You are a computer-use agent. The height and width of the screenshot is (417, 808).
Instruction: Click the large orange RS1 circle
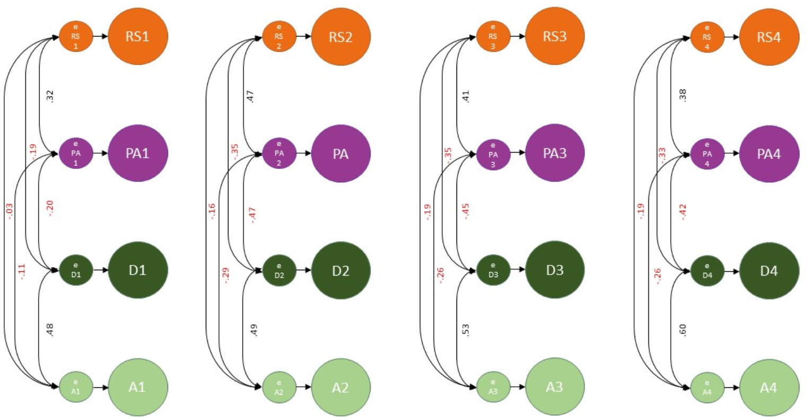[x=138, y=37]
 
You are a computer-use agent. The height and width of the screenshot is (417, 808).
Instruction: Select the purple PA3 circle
[x=555, y=153]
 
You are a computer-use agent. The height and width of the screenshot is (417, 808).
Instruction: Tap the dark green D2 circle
[x=340, y=270]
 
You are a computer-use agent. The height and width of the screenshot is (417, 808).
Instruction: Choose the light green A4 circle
[x=768, y=387]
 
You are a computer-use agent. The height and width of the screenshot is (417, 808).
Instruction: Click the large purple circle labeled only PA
[x=340, y=154]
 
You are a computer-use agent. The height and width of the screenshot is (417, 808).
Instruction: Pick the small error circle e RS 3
[x=493, y=37]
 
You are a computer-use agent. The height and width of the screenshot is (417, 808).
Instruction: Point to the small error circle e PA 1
[x=76, y=154]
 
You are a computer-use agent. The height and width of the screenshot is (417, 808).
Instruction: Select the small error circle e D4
[x=707, y=270]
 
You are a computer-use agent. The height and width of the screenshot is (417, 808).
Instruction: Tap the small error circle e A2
[x=279, y=387]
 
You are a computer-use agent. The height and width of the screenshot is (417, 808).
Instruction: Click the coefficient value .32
[x=50, y=96]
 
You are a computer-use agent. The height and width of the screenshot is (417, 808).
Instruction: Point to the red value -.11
[x=22, y=271]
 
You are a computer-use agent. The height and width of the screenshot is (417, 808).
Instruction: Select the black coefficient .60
[x=683, y=330]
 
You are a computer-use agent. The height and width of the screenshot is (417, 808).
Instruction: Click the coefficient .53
[x=466, y=330]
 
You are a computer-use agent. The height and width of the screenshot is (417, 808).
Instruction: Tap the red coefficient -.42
[x=683, y=212]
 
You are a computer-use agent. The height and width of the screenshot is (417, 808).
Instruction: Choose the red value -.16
[x=213, y=211]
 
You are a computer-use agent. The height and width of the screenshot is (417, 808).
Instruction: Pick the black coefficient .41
[x=466, y=96]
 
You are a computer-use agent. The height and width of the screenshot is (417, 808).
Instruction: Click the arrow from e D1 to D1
[x=101, y=270]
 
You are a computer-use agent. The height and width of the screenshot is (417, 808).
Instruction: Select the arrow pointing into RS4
[x=732, y=37]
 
